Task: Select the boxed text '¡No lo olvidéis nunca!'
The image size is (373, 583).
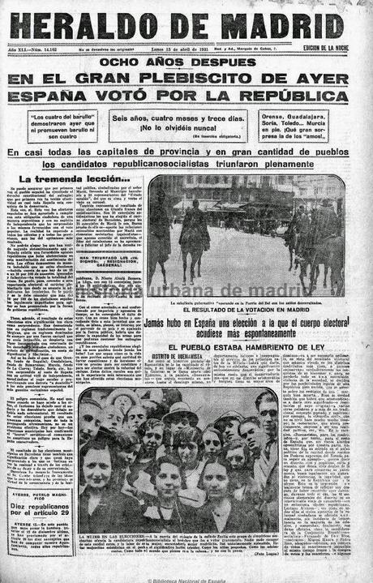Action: [x=177, y=128]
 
